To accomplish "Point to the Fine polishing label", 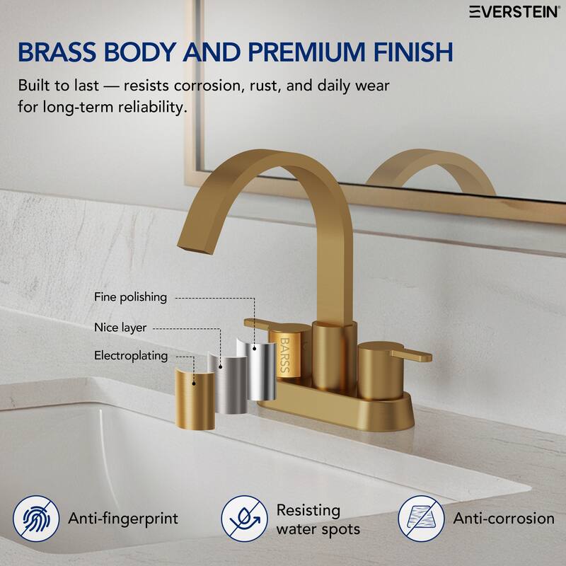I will pos(130,297).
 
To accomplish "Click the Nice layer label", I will pos(120,328).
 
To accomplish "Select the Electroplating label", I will pos(130,355).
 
